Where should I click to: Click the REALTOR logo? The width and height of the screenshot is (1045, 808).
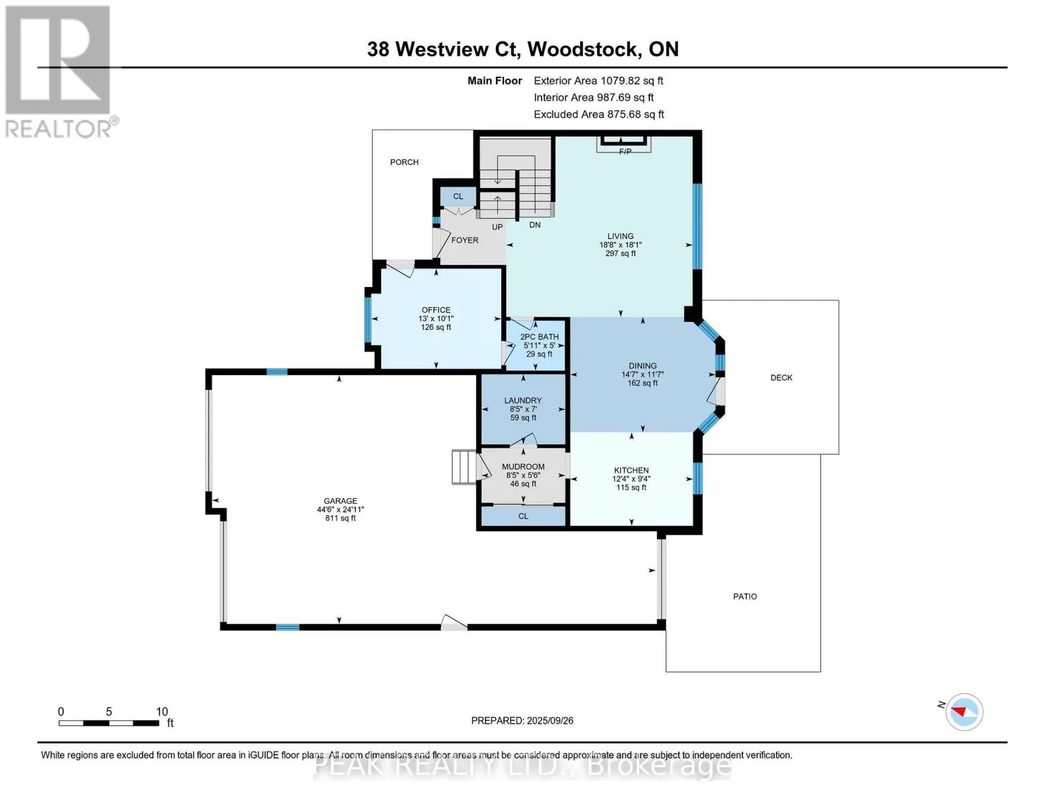[x=59, y=71]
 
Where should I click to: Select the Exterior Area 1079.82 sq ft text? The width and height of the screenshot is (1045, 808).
[x=598, y=81]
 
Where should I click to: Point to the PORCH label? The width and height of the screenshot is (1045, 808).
[x=404, y=162]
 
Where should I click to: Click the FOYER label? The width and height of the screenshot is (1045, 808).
[x=465, y=240]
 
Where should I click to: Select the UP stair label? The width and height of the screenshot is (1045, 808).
[x=497, y=227]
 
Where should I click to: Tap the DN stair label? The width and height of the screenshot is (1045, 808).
[x=535, y=225]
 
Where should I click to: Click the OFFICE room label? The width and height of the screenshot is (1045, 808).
[x=436, y=310]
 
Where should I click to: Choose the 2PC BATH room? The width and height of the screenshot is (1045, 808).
[x=539, y=345]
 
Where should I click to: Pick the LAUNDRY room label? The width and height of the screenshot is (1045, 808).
[x=523, y=401]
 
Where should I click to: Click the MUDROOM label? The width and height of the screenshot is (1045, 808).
[x=523, y=467]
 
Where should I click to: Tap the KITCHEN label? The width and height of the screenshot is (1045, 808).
[x=631, y=471]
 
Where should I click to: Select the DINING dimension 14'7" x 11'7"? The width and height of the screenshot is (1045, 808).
[x=643, y=374]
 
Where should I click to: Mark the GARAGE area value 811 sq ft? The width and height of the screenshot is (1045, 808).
[x=340, y=518]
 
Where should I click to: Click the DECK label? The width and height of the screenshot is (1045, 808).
[x=781, y=378]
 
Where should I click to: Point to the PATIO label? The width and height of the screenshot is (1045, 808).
[x=745, y=597]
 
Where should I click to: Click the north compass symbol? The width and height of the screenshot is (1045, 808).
[x=964, y=712]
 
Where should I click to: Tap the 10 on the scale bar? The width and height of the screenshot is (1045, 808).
[x=162, y=712]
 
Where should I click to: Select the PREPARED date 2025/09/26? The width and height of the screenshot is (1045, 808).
[x=522, y=720]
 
